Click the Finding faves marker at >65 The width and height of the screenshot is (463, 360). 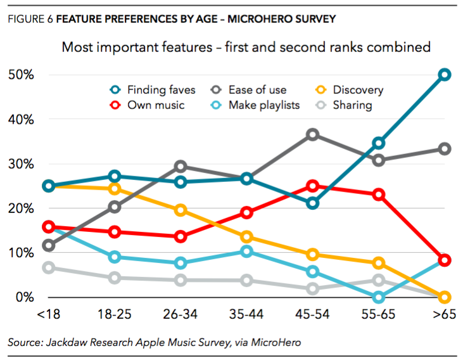pos(445,75)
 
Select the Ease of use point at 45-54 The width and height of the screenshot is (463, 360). pos(312,134)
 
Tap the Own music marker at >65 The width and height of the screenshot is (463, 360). pos(445,260)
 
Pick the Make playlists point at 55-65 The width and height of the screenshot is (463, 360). pos(379,297)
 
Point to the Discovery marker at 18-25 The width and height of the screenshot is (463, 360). pos(115,188)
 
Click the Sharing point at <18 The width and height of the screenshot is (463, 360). pos(49,267)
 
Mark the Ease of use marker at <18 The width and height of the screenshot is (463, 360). pos(49,245)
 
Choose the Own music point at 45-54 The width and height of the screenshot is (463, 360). pos(312,186)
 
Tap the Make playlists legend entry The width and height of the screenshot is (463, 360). pos(263,105)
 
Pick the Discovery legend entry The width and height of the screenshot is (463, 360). pos(358,90)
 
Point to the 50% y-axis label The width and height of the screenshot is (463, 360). pos(21,75)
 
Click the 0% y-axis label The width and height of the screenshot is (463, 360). pos(25,297)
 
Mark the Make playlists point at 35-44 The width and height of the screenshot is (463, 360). pos(246,252)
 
